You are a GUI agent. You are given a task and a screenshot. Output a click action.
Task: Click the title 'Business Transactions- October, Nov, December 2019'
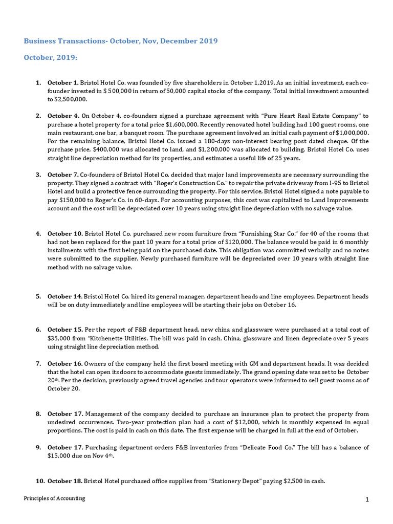tap(120, 41)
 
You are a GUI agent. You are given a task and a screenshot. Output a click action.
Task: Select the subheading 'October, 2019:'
tap(51, 58)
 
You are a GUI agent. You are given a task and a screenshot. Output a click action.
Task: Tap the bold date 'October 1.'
tap(63, 82)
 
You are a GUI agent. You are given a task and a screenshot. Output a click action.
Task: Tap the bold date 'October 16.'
tap(65, 363)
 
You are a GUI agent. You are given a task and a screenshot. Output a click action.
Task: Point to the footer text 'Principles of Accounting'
tap(55, 498)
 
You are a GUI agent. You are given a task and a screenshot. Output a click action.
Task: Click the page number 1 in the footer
tap(367, 500)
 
